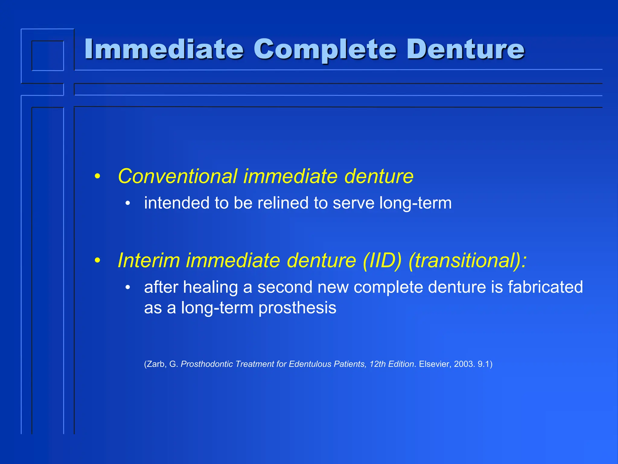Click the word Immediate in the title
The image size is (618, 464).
(164, 49)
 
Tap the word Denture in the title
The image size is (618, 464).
(466, 49)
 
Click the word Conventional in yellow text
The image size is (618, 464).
(177, 176)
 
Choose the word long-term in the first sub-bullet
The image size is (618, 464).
(416, 203)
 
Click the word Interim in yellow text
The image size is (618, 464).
(148, 260)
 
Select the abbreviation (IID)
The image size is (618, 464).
(382, 260)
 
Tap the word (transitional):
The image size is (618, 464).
(467, 260)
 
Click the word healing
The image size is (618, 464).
(210, 287)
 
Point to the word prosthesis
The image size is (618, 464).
(297, 308)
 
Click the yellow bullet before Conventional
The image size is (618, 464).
(97, 176)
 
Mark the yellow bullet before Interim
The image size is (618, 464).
(97, 260)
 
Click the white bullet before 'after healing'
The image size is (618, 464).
(128, 287)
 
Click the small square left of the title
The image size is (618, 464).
(48, 56)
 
